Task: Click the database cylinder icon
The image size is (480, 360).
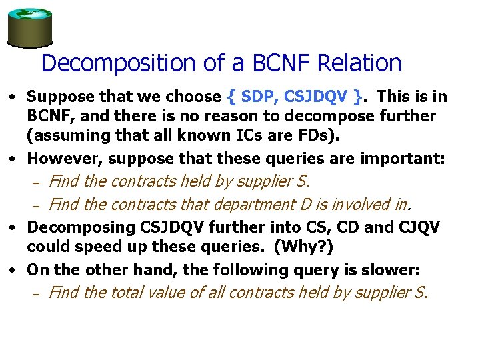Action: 29,27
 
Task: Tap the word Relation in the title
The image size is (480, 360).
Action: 359,63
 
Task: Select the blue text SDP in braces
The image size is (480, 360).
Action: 255,97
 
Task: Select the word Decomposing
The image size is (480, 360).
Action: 81,227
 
